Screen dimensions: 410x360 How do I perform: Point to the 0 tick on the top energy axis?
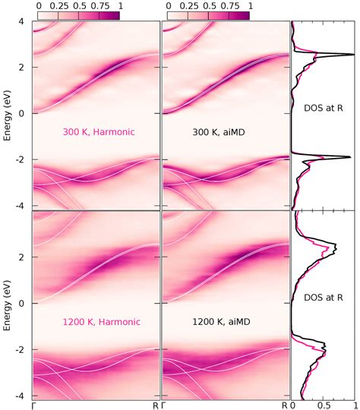coord(23,114)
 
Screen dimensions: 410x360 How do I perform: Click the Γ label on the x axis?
coord(33,405)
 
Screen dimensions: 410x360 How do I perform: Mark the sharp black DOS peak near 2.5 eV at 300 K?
coord(351,55)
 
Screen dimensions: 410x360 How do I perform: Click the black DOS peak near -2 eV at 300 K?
coord(348,157)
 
